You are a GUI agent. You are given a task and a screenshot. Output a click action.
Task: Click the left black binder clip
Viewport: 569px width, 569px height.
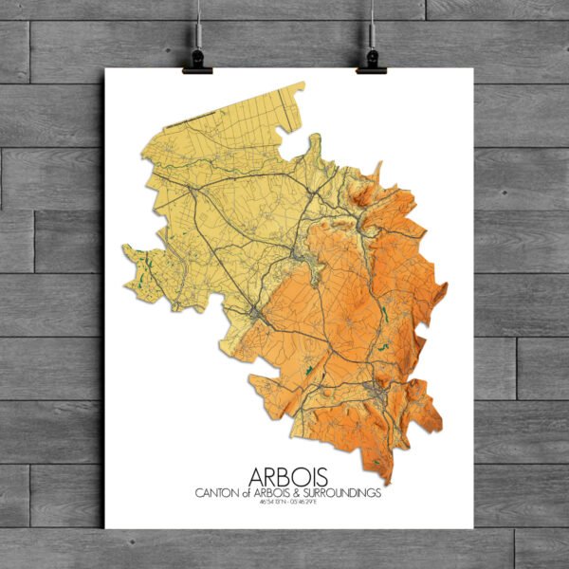pos(199,61)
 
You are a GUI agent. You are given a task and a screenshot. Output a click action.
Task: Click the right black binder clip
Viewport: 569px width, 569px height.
pos(372,61)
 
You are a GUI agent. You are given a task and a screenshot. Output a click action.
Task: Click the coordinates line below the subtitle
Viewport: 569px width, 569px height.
pos(284,503)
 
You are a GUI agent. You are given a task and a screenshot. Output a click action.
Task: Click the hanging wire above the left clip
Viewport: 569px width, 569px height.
pos(198,24)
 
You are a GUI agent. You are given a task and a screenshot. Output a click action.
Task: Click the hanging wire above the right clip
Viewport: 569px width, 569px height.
pos(372,24)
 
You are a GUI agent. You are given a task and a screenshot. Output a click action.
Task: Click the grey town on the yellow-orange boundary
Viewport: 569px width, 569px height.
pos(256,313)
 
